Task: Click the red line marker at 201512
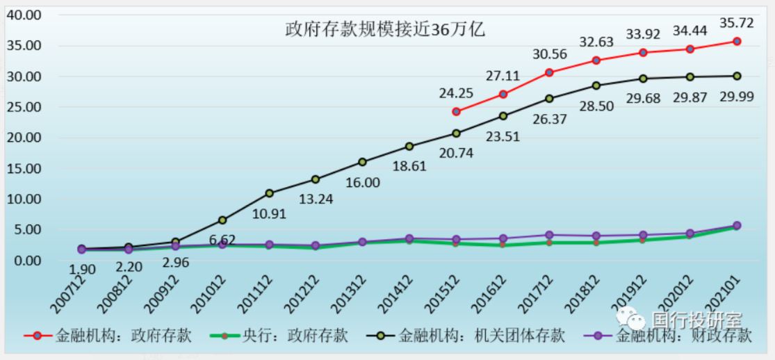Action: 456,111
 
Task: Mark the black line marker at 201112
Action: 270,193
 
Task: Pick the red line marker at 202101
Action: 737,41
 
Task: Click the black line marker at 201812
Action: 596,85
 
